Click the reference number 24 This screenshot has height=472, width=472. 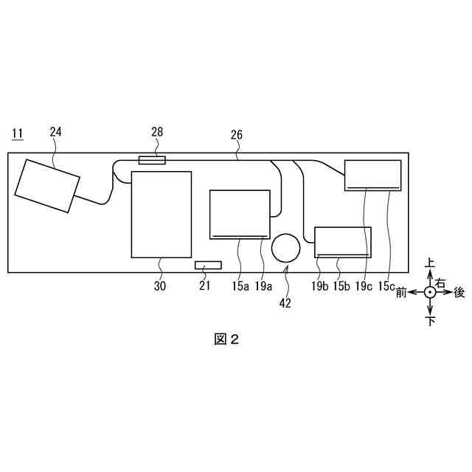[56, 132]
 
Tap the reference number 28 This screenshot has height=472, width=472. [157, 132]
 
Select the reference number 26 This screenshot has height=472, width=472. [237, 135]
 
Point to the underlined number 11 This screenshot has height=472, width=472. [17, 133]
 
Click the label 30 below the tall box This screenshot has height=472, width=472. [160, 286]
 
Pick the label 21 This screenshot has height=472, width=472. [205, 286]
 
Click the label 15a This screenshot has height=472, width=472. [240, 286]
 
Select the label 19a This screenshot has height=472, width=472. [264, 286]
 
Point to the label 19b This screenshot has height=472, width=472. [319, 286]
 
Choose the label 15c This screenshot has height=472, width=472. [388, 286]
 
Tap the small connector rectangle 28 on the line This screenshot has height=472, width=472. [152, 159]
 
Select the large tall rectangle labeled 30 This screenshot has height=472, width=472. [161, 214]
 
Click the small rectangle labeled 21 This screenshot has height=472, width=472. [208, 265]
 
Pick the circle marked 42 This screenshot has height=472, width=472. [285, 248]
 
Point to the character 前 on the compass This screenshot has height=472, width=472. [402, 293]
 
